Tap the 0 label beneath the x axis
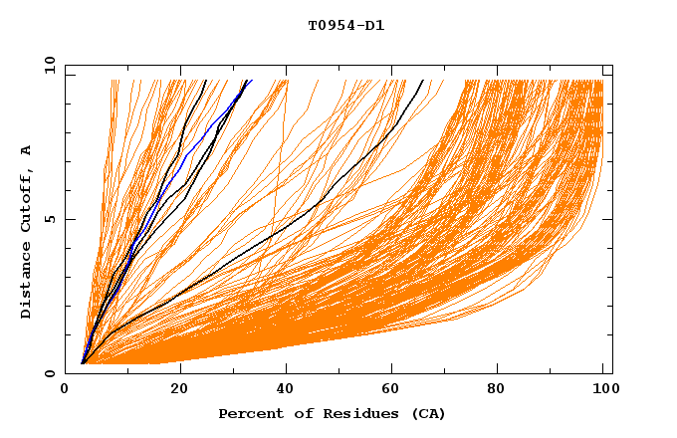click(x=65, y=389)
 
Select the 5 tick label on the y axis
click(x=49, y=219)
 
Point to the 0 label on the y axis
click(x=49, y=373)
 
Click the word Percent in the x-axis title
click(x=249, y=413)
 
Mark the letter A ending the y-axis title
click(x=26, y=149)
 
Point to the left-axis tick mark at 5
click(x=69, y=219)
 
